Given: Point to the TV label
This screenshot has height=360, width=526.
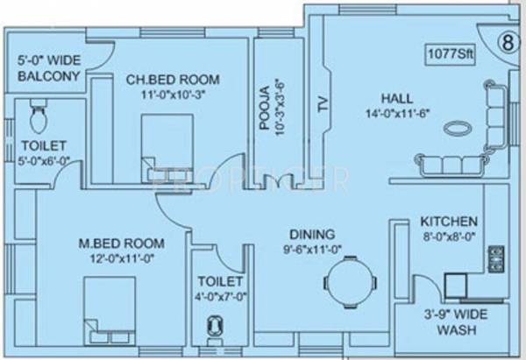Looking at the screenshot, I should [x=323, y=106].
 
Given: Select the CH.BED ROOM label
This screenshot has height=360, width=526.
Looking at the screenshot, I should [x=173, y=80].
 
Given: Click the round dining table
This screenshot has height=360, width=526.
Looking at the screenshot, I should [x=351, y=283].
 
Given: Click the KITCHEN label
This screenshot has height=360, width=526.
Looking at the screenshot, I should [x=448, y=221].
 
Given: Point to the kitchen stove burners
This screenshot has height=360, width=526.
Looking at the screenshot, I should [x=496, y=257].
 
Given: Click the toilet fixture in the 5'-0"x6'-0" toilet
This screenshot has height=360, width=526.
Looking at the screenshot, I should [x=38, y=114].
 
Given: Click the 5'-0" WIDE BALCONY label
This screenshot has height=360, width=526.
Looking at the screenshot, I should [x=49, y=70].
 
